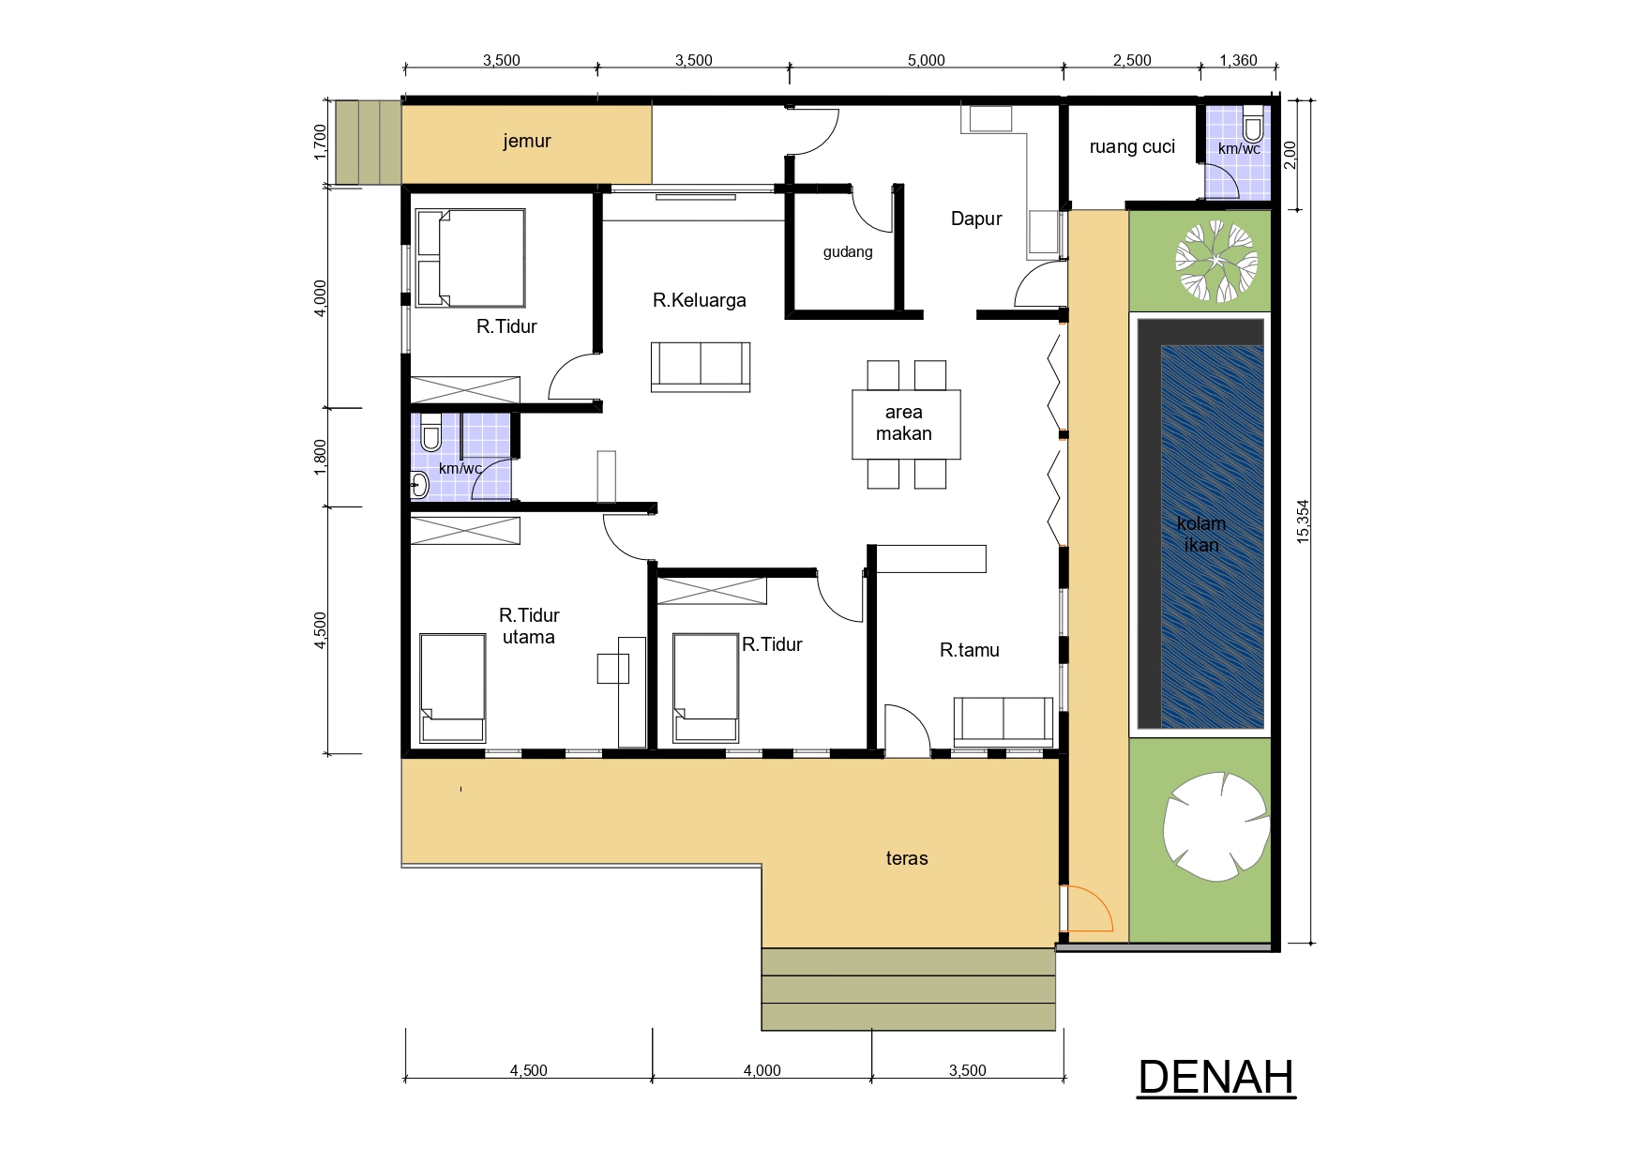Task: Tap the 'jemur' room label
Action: [x=527, y=142]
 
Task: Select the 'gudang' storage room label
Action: [x=848, y=251]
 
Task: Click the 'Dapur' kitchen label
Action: [x=976, y=219]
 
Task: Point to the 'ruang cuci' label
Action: [x=1132, y=146]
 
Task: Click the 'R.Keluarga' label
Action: [x=700, y=300]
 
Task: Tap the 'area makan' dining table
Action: [x=906, y=424]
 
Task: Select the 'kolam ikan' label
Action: [x=1201, y=534]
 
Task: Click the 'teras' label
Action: [x=907, y=858]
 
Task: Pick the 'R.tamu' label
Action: [x=970, y=650]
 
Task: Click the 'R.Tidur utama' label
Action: [x=529, y=626]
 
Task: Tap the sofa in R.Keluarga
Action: [x=701, y=367]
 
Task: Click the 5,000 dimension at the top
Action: [x=926, y=61]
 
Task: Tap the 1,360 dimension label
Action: [x=1238, y=61]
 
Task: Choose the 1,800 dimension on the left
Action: [x=321, y=458]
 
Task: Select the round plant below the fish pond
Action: [x=1215, y=822]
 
